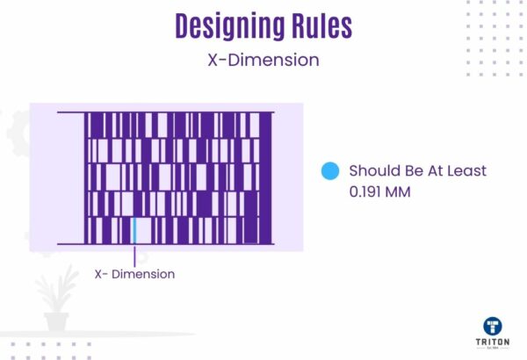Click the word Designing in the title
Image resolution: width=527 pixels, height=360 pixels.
coord(227,26)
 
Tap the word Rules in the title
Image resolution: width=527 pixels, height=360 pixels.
coord(317,26)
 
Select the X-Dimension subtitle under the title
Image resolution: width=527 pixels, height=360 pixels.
coord(263,61)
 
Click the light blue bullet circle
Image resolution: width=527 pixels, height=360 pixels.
coord(329,171)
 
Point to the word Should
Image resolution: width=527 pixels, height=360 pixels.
coord(372,170)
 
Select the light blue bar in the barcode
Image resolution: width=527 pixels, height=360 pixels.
coord(134,230)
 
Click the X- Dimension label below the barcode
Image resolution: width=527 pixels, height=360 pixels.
coord(134,274)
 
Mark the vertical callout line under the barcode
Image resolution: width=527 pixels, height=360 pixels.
coord(134,255)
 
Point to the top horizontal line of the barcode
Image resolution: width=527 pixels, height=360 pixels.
coord(166,112)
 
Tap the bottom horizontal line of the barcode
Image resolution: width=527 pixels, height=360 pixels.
coord(166,244)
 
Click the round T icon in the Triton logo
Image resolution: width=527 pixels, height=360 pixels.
coord(495,326)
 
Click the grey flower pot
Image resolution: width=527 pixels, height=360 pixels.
coord(56,321)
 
